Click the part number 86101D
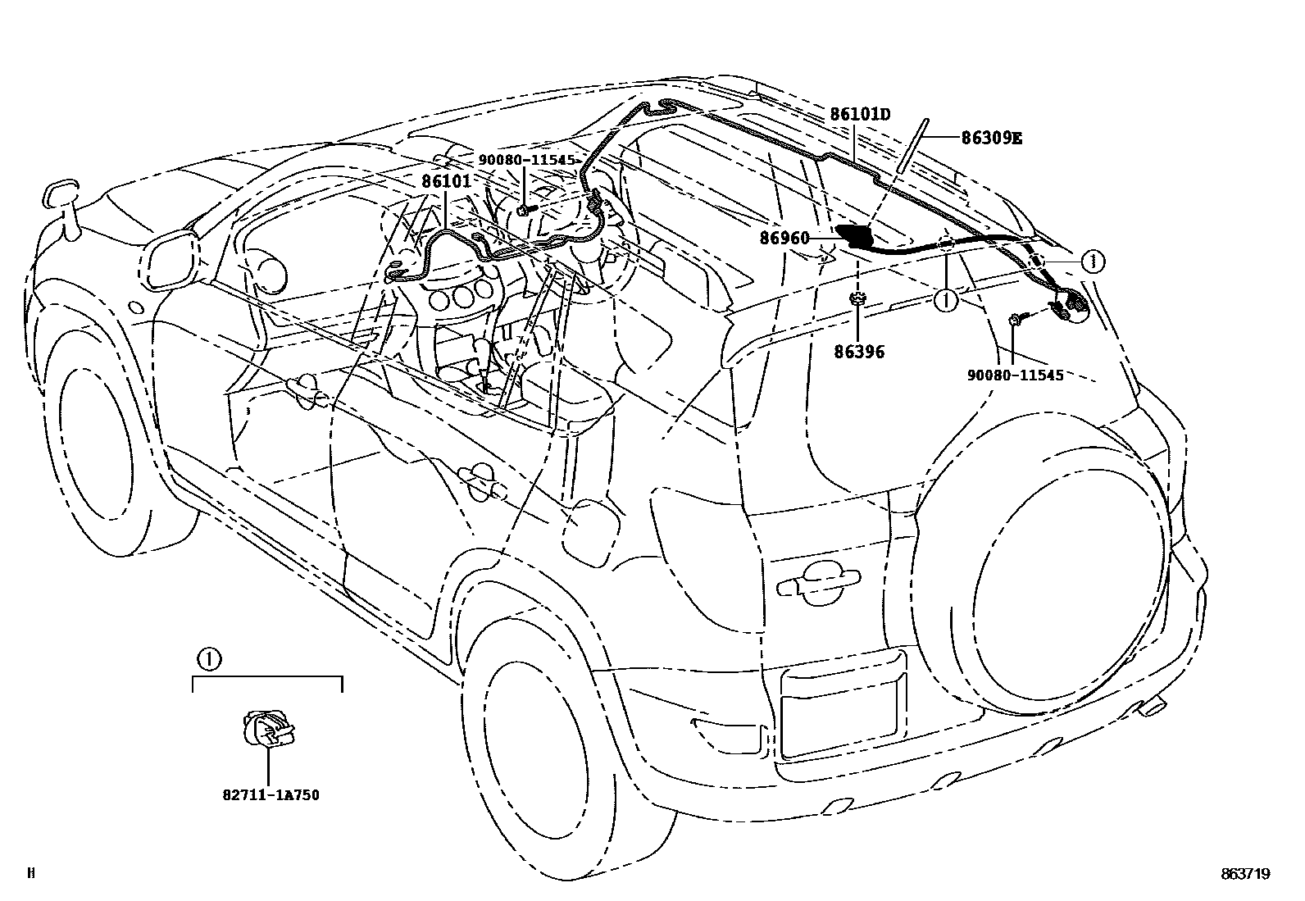859,114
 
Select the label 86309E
992,138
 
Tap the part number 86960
784,239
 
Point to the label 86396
859,352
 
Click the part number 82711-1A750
270,794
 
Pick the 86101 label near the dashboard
447,180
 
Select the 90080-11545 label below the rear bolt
1015,375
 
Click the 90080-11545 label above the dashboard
527,160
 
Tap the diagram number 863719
1244,874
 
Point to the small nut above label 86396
857,300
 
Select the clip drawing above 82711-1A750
269,728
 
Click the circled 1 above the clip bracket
208,658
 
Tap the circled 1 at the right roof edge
1092,262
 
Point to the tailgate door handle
817,580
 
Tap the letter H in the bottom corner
31,874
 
